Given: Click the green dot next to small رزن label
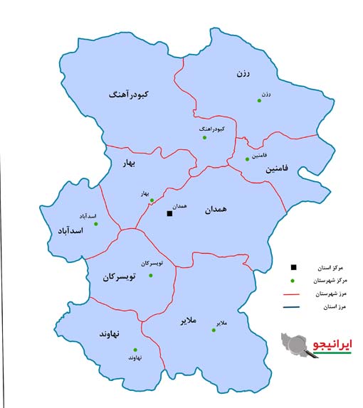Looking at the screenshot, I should pyautogui.click(x=260, y=102).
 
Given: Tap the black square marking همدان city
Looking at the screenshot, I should pyautogui.click(x=169, y=213).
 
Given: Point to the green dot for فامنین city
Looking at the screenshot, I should pyautogui.click(x=246, y=159).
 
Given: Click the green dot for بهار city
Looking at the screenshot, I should pyautogui.click(x=152, y=200).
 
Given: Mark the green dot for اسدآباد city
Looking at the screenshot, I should pyautogui.click(x=96, y=224).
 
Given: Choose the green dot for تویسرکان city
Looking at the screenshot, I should pyautogui.click(x=150, y=275).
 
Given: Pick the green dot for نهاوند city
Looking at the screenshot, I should pyautogui.click(x=135, y=349).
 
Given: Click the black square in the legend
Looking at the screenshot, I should pyautogui.click(x=293, y=267).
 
